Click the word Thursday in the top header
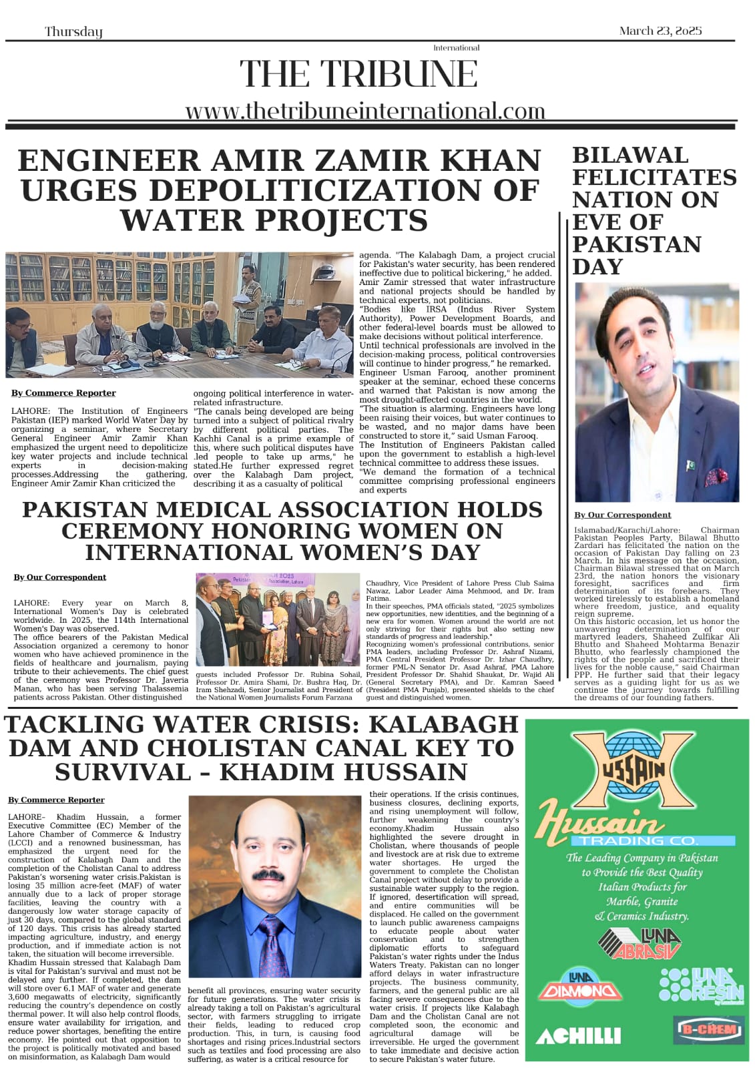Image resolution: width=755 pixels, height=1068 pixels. click(73, 31)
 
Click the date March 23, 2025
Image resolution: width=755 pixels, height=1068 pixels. click(660, 31)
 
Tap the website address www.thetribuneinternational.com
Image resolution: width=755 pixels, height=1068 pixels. click(365, 111)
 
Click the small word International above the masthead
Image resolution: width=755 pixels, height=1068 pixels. click(456, 48)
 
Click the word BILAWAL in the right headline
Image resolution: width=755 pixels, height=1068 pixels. click(630, 155)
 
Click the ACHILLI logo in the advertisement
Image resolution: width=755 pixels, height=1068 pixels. click(578, 1035)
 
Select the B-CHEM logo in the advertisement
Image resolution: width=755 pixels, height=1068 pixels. click(708, 1029)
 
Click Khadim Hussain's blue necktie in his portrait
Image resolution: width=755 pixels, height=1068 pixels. click(274, 942)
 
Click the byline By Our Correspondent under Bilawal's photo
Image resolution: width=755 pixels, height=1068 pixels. click(622, 515)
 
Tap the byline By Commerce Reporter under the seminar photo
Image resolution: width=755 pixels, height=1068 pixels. click(63, 393)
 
